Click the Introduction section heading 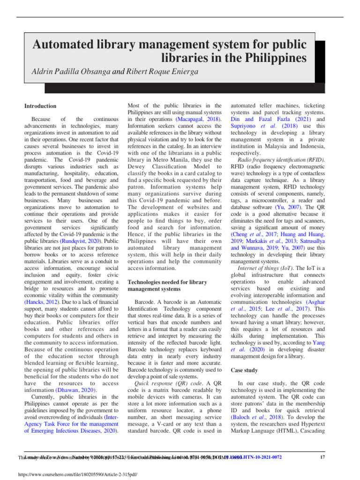tap(40, 106)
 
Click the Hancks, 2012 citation tap(40, 303)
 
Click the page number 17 tap(322, 457)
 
